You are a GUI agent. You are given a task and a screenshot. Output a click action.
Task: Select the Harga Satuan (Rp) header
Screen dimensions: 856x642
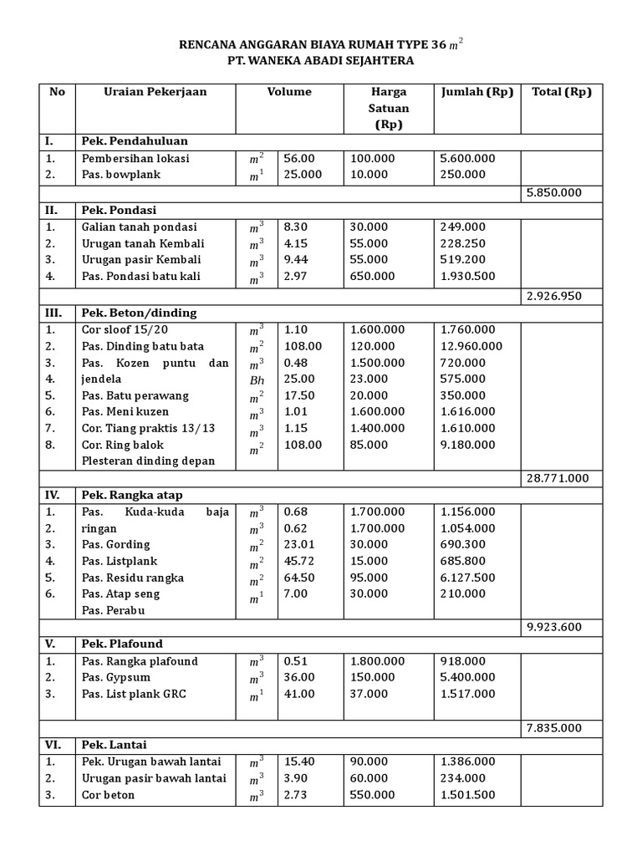(x=389, y=109)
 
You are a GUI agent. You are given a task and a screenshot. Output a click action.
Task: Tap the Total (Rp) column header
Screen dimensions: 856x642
(x=561, y=92)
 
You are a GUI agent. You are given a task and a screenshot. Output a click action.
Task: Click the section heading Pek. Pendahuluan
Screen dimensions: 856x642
(x=135, y=141)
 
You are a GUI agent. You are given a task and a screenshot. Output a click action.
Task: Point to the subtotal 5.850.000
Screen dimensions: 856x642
(x=553, y=192)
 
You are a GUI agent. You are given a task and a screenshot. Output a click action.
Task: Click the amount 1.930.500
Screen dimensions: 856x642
(x=468, y=276)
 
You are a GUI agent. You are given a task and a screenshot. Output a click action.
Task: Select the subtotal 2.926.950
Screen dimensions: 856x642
(x=553, y=296)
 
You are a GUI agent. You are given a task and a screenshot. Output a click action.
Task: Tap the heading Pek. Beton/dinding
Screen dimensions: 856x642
(x=139, y=313)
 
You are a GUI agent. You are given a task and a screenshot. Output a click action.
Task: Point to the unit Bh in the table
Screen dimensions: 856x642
(x=256, y=379)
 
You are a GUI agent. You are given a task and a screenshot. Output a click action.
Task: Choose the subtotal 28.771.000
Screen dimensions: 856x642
(x=558, y=478)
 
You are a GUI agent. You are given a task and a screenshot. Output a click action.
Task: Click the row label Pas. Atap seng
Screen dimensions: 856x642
(x=120, y=594)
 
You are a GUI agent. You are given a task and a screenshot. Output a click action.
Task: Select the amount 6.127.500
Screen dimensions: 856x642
(x=468, y=578)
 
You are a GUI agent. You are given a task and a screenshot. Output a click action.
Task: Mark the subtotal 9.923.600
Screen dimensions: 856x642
(x=553, y=627)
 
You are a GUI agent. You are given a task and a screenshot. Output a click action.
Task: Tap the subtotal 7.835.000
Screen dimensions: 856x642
(x=553, y=728)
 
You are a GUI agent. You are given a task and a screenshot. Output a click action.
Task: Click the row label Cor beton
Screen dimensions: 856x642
(x=108, y=795)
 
